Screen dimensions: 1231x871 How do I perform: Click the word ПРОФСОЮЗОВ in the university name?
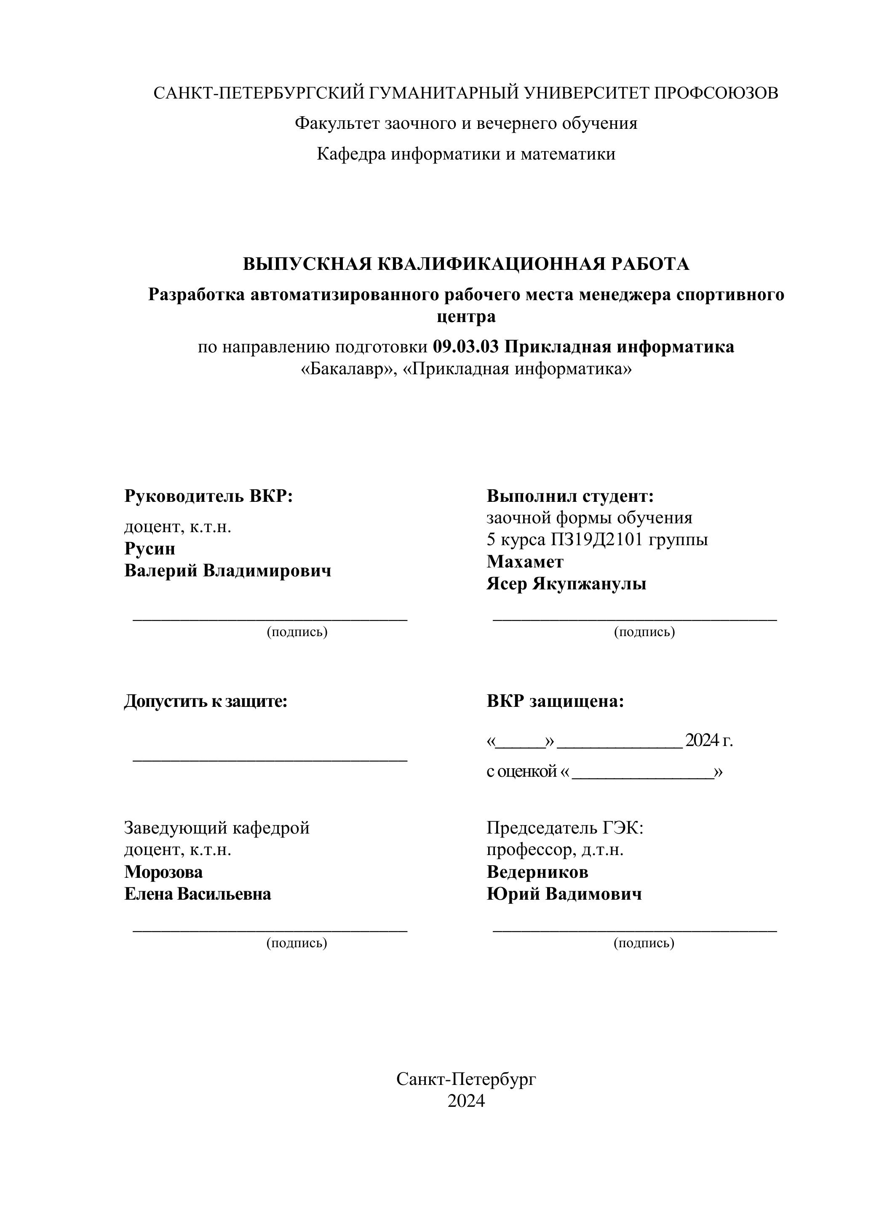pos(716,93)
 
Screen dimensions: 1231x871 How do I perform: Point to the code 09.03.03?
pos(465,347)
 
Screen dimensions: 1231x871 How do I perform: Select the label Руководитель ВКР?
pos(208,496)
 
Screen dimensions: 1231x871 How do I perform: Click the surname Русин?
pos(150,549)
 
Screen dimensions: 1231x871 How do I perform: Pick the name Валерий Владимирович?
pos(227,570)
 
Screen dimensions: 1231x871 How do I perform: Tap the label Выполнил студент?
pos(570,496)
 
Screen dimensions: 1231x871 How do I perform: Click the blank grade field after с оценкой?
pos(643,773)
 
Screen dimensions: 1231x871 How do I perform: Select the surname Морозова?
pos(163,872)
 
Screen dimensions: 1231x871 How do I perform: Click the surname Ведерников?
pos(537,872)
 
